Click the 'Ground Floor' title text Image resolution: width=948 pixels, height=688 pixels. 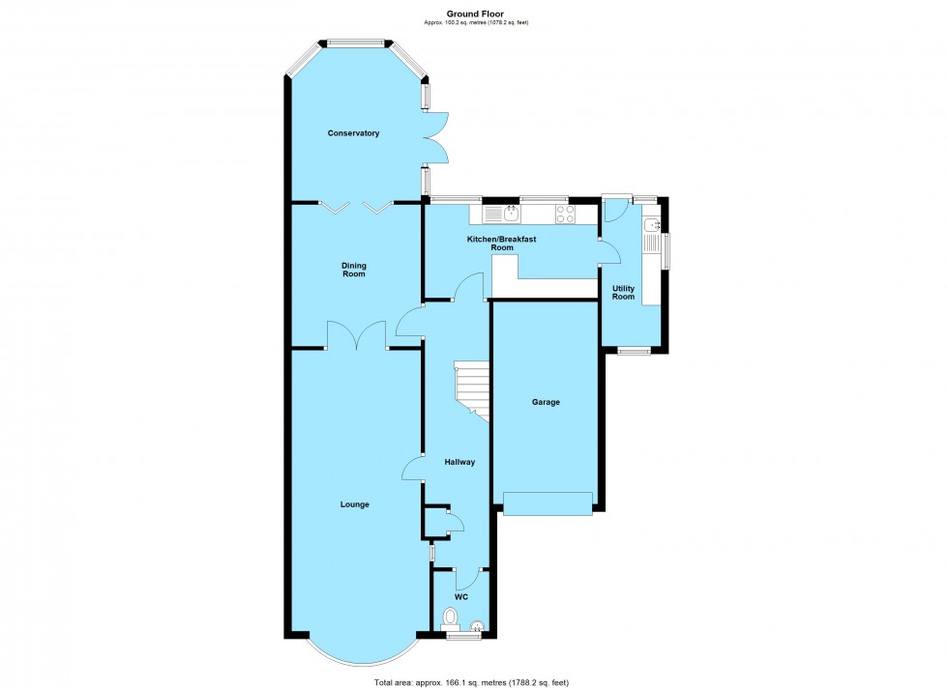(x=473, y=14)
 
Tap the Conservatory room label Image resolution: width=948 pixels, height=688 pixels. (x=353, y=133)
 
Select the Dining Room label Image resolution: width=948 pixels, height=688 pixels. (x=353, y=270)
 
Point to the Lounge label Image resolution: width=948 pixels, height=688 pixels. (x=354, y=504)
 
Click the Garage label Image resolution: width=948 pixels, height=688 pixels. (x=546, y=402)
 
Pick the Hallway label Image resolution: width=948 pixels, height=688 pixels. (x=459, y=462)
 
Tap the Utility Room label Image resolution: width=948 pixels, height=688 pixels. (x=623, y=292)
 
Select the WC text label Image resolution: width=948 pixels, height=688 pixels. (x=461, y=597)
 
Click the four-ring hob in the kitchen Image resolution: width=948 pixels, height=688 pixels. (x=565, y=214)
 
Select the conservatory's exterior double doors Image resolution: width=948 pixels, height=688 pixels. (x=435, y=137)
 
